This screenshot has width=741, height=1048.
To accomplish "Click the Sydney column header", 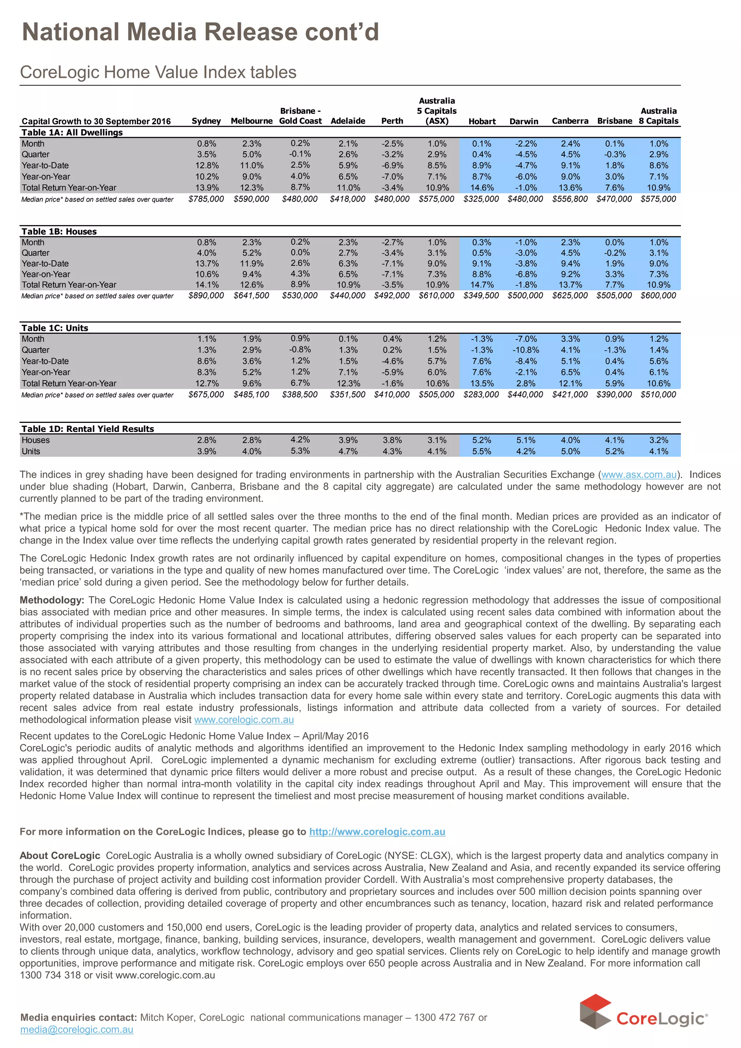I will tap(206, 121).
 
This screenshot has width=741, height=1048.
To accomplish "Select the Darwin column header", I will tap(524, 121).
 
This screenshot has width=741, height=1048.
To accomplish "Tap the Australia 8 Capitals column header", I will tap(659, 116).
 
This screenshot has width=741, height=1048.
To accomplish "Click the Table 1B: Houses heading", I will tap(59, 231).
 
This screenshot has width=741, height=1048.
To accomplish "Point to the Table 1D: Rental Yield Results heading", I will tap(88, 429).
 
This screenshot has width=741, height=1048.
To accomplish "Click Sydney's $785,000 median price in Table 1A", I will tap(206, 199).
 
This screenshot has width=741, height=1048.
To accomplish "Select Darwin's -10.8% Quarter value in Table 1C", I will tap(526, 350).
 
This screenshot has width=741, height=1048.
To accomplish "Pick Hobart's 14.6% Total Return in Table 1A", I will tap(482, 188).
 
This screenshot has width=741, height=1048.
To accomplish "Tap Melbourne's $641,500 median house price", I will tap(251, 295).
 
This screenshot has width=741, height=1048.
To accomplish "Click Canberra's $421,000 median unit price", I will tap(570, 394).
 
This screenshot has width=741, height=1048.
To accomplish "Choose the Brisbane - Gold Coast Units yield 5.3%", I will tap(300, 451).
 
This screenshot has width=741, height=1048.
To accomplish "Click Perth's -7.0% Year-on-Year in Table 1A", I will tap(393, 177).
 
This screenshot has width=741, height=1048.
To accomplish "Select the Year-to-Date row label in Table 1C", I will tap(45, 361).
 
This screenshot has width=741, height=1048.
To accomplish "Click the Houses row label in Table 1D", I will tap(35, 440).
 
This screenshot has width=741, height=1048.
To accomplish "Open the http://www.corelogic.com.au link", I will tap(377, 832).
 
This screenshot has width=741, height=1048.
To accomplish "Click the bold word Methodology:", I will tap(52, 600).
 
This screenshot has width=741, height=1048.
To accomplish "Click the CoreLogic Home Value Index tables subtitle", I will tap(158, 72).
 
